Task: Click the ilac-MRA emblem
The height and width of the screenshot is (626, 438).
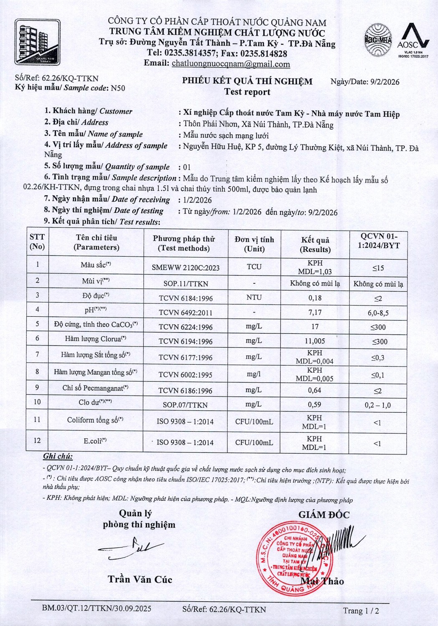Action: coord(378,40)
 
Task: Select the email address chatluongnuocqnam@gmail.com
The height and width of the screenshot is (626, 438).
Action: coord(231,64)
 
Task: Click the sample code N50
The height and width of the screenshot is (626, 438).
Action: coord(117,88)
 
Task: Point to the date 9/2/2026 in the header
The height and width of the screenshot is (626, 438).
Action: coord(385,82)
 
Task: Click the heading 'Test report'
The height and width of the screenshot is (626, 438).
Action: coord(247,92)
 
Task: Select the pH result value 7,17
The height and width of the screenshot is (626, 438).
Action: coord(314,312)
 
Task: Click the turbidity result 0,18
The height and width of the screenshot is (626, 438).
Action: coord(314,298)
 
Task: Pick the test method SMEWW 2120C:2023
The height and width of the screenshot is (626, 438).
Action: coord(185,268)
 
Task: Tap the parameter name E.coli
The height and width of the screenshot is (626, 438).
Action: coord(95,441)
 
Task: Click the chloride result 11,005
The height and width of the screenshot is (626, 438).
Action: coord(314,341)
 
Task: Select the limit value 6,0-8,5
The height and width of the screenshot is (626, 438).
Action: coord(377,313)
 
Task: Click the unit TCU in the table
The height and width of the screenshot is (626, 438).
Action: coord(254,266)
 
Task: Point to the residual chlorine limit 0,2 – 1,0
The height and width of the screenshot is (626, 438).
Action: coord(377,405)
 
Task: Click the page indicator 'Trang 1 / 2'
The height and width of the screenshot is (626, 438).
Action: coord(361,611)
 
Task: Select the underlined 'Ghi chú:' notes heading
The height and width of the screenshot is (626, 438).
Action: coord(58,456)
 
